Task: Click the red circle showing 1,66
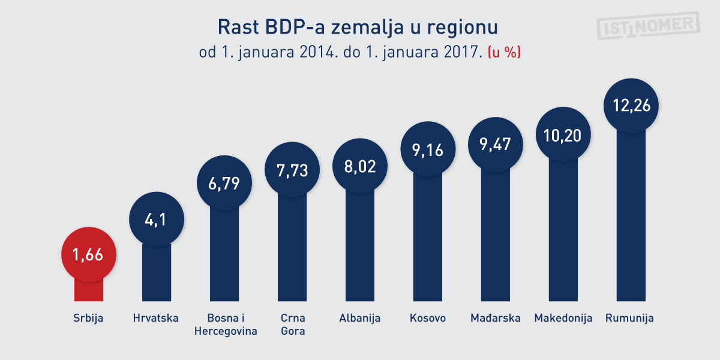pyautogui.click(x=88, y=254)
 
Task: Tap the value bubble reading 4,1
pyautogui.click(x=156, y=220)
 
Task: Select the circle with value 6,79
pyautogui.click(x=224, y=184)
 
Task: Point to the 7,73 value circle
pyautogui.click(x=292, y=170)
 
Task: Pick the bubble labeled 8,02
pyautogui.click(x=360, y=166)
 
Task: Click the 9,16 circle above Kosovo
pyautogui.click(x=428, y=149)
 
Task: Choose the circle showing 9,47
pyautogui.click(x=496, y=145)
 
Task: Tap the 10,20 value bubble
pyautogui.click(x=563, y=134)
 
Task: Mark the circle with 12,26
pyautogui.click(x=631, y=105)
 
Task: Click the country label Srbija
pyautogui.click(x=88, y=318)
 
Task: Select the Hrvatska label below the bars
pyautogui.click(x=156, y=318)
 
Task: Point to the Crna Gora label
pyautogui.click(x=293, y=325)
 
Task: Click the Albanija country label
pyautogui.click(x=360, y=318)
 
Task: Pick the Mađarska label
pyautogui.click(x=495, y=318)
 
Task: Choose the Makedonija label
pyautogui.click(x=563, y=318)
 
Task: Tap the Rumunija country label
pyautogui.click(x=630, y=318)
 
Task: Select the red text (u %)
pyautogui.click(x=503, y=52)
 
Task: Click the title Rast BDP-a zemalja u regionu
pyautogui.click(x=358, y=28)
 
